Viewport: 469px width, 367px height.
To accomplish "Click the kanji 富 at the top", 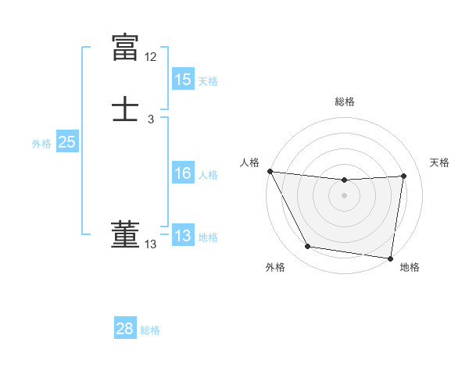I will click(x=126, y=47).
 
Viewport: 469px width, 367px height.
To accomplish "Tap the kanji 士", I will click(x=126, y=110).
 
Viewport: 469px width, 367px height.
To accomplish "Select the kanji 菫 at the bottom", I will click(x=126, y=235).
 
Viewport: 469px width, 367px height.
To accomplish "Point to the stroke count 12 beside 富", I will click(x=151, y=57).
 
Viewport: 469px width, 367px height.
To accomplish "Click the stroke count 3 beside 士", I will click(x=151, y=119).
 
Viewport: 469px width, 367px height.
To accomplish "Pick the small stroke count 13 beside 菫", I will click(x=151, y=244).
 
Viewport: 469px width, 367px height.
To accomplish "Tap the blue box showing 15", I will click(x=182, y=80).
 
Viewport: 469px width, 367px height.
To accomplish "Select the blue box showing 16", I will click(x=182, y=173).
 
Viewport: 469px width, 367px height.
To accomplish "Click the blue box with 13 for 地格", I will click(x=182, y=236).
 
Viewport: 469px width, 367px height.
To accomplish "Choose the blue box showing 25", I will click(x=66, y=142).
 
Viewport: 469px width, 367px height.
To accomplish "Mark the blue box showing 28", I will click(x=125, y=329).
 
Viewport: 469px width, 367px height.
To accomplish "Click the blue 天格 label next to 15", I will click(x=208, y=80).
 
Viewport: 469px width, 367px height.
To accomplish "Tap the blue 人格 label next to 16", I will click(x=208, y=174).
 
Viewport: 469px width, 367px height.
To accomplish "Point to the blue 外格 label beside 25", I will click(x=41, y=143).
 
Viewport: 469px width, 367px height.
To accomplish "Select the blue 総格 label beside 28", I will click(x=150, y=330).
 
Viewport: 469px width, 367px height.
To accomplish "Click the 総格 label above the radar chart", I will click(x=345, y=102).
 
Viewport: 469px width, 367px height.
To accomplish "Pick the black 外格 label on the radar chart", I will click(x=275, y=267).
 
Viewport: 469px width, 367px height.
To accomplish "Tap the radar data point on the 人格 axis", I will click(x=270, y=171).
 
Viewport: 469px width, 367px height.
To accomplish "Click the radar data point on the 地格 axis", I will click(x=390, y=258).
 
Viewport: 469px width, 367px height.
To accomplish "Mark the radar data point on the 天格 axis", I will click(x=404, y=176).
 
